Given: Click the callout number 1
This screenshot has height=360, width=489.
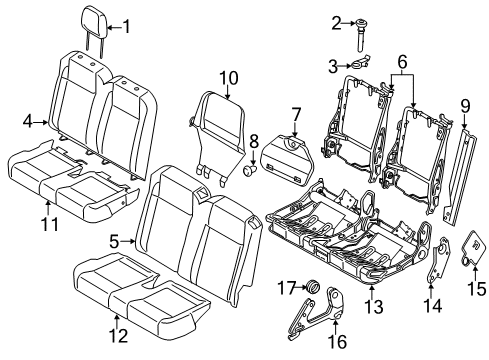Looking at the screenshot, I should click(125, 26).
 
